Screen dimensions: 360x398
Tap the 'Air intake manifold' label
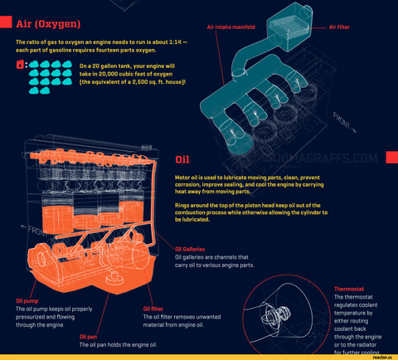tap(224, 27)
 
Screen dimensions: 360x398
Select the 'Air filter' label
tap(339, 27)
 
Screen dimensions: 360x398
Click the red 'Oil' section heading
tap(182, 159)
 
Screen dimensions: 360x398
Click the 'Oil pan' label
tap(89, 337)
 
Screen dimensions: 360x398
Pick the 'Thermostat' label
tap(349, 289)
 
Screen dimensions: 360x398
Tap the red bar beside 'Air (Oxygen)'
tap(6, 23)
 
